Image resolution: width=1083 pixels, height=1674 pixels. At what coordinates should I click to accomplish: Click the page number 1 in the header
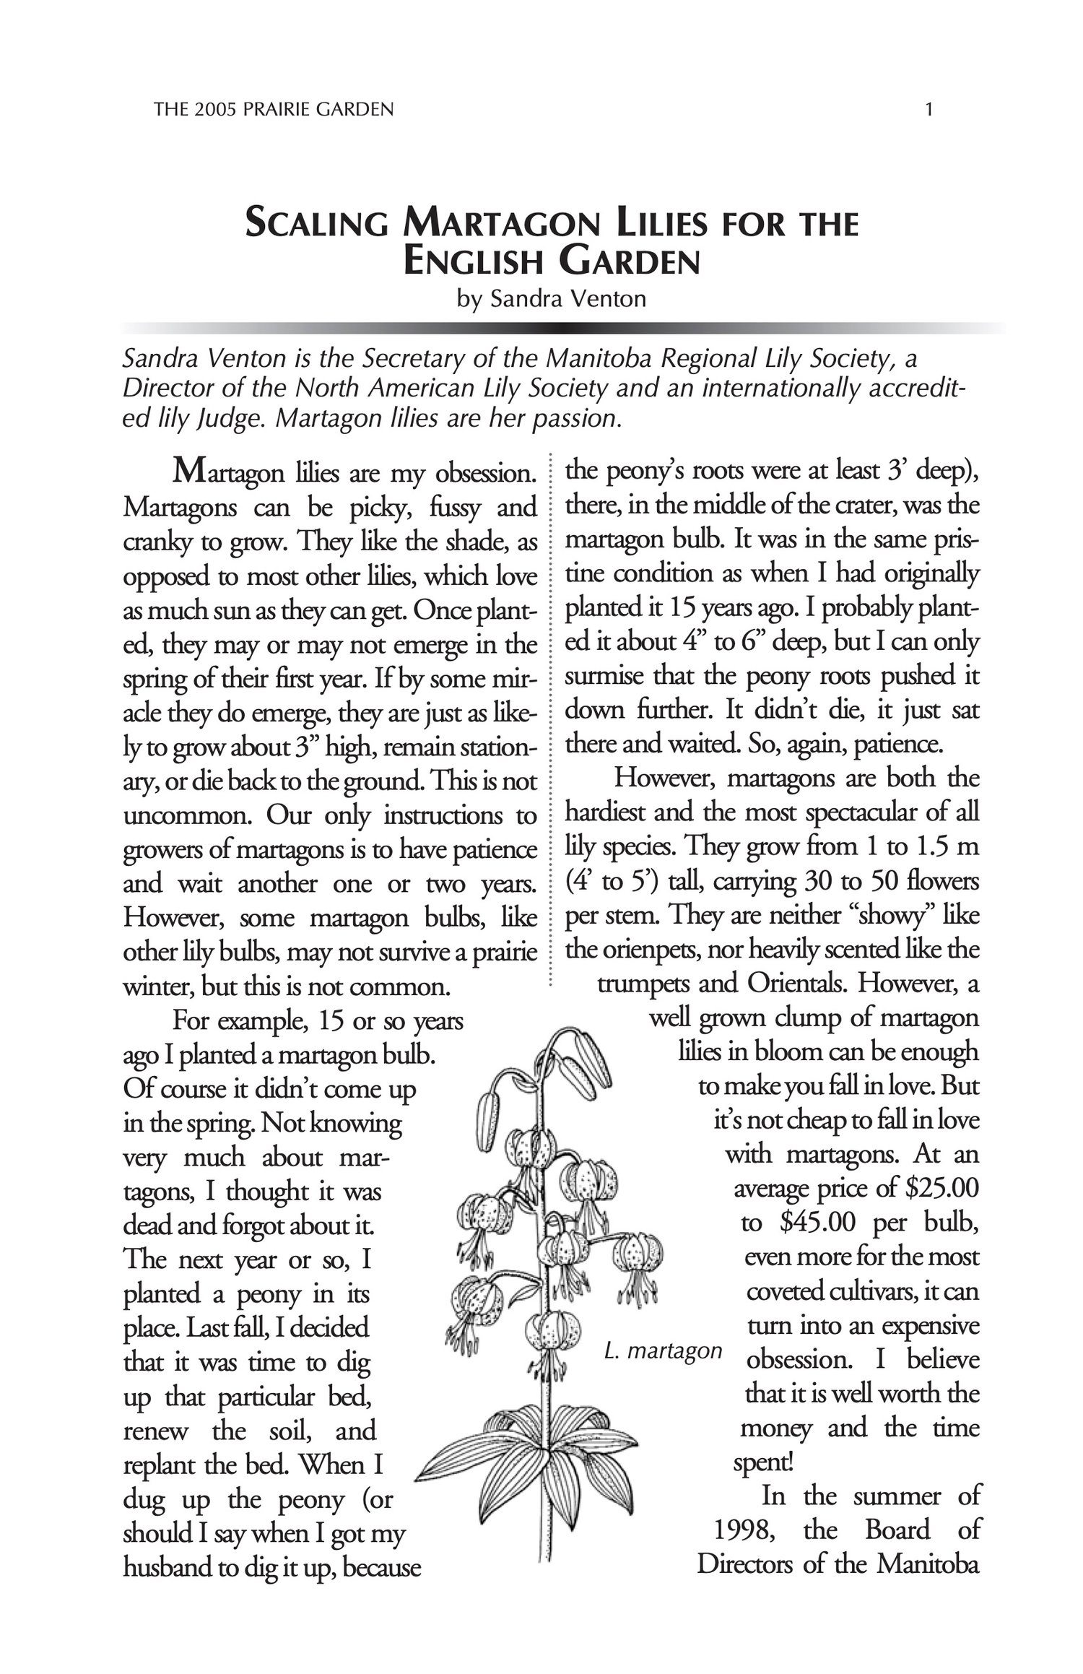(x=929, y=110)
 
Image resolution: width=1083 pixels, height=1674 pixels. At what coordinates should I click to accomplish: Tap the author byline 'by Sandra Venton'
(x=552, y=298)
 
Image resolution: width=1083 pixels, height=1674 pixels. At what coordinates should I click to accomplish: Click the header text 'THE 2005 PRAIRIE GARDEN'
(x=274, y=110)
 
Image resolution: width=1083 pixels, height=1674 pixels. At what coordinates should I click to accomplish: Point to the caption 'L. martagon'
(x=663, y=1350)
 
